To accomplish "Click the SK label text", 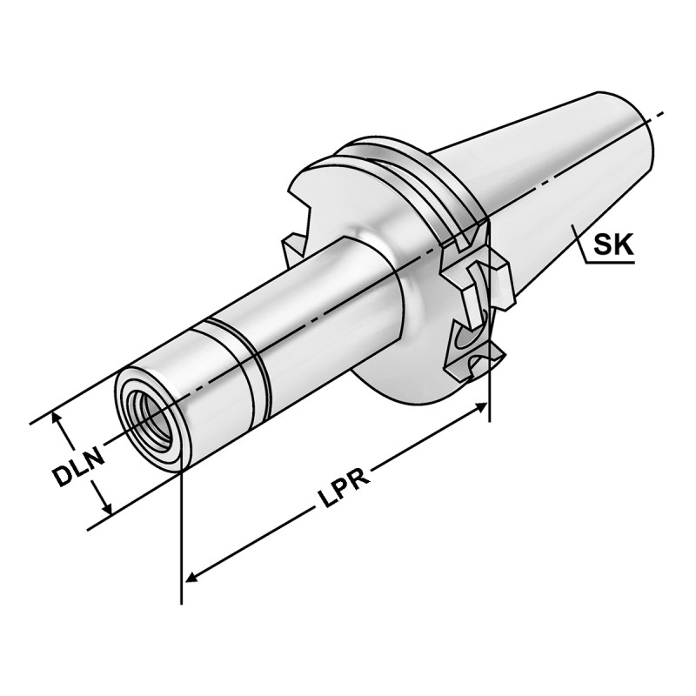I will point(613,246).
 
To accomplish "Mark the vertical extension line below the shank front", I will point(181,539).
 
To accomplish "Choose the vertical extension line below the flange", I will point(489,383).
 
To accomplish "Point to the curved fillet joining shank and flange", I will point(383,261).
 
